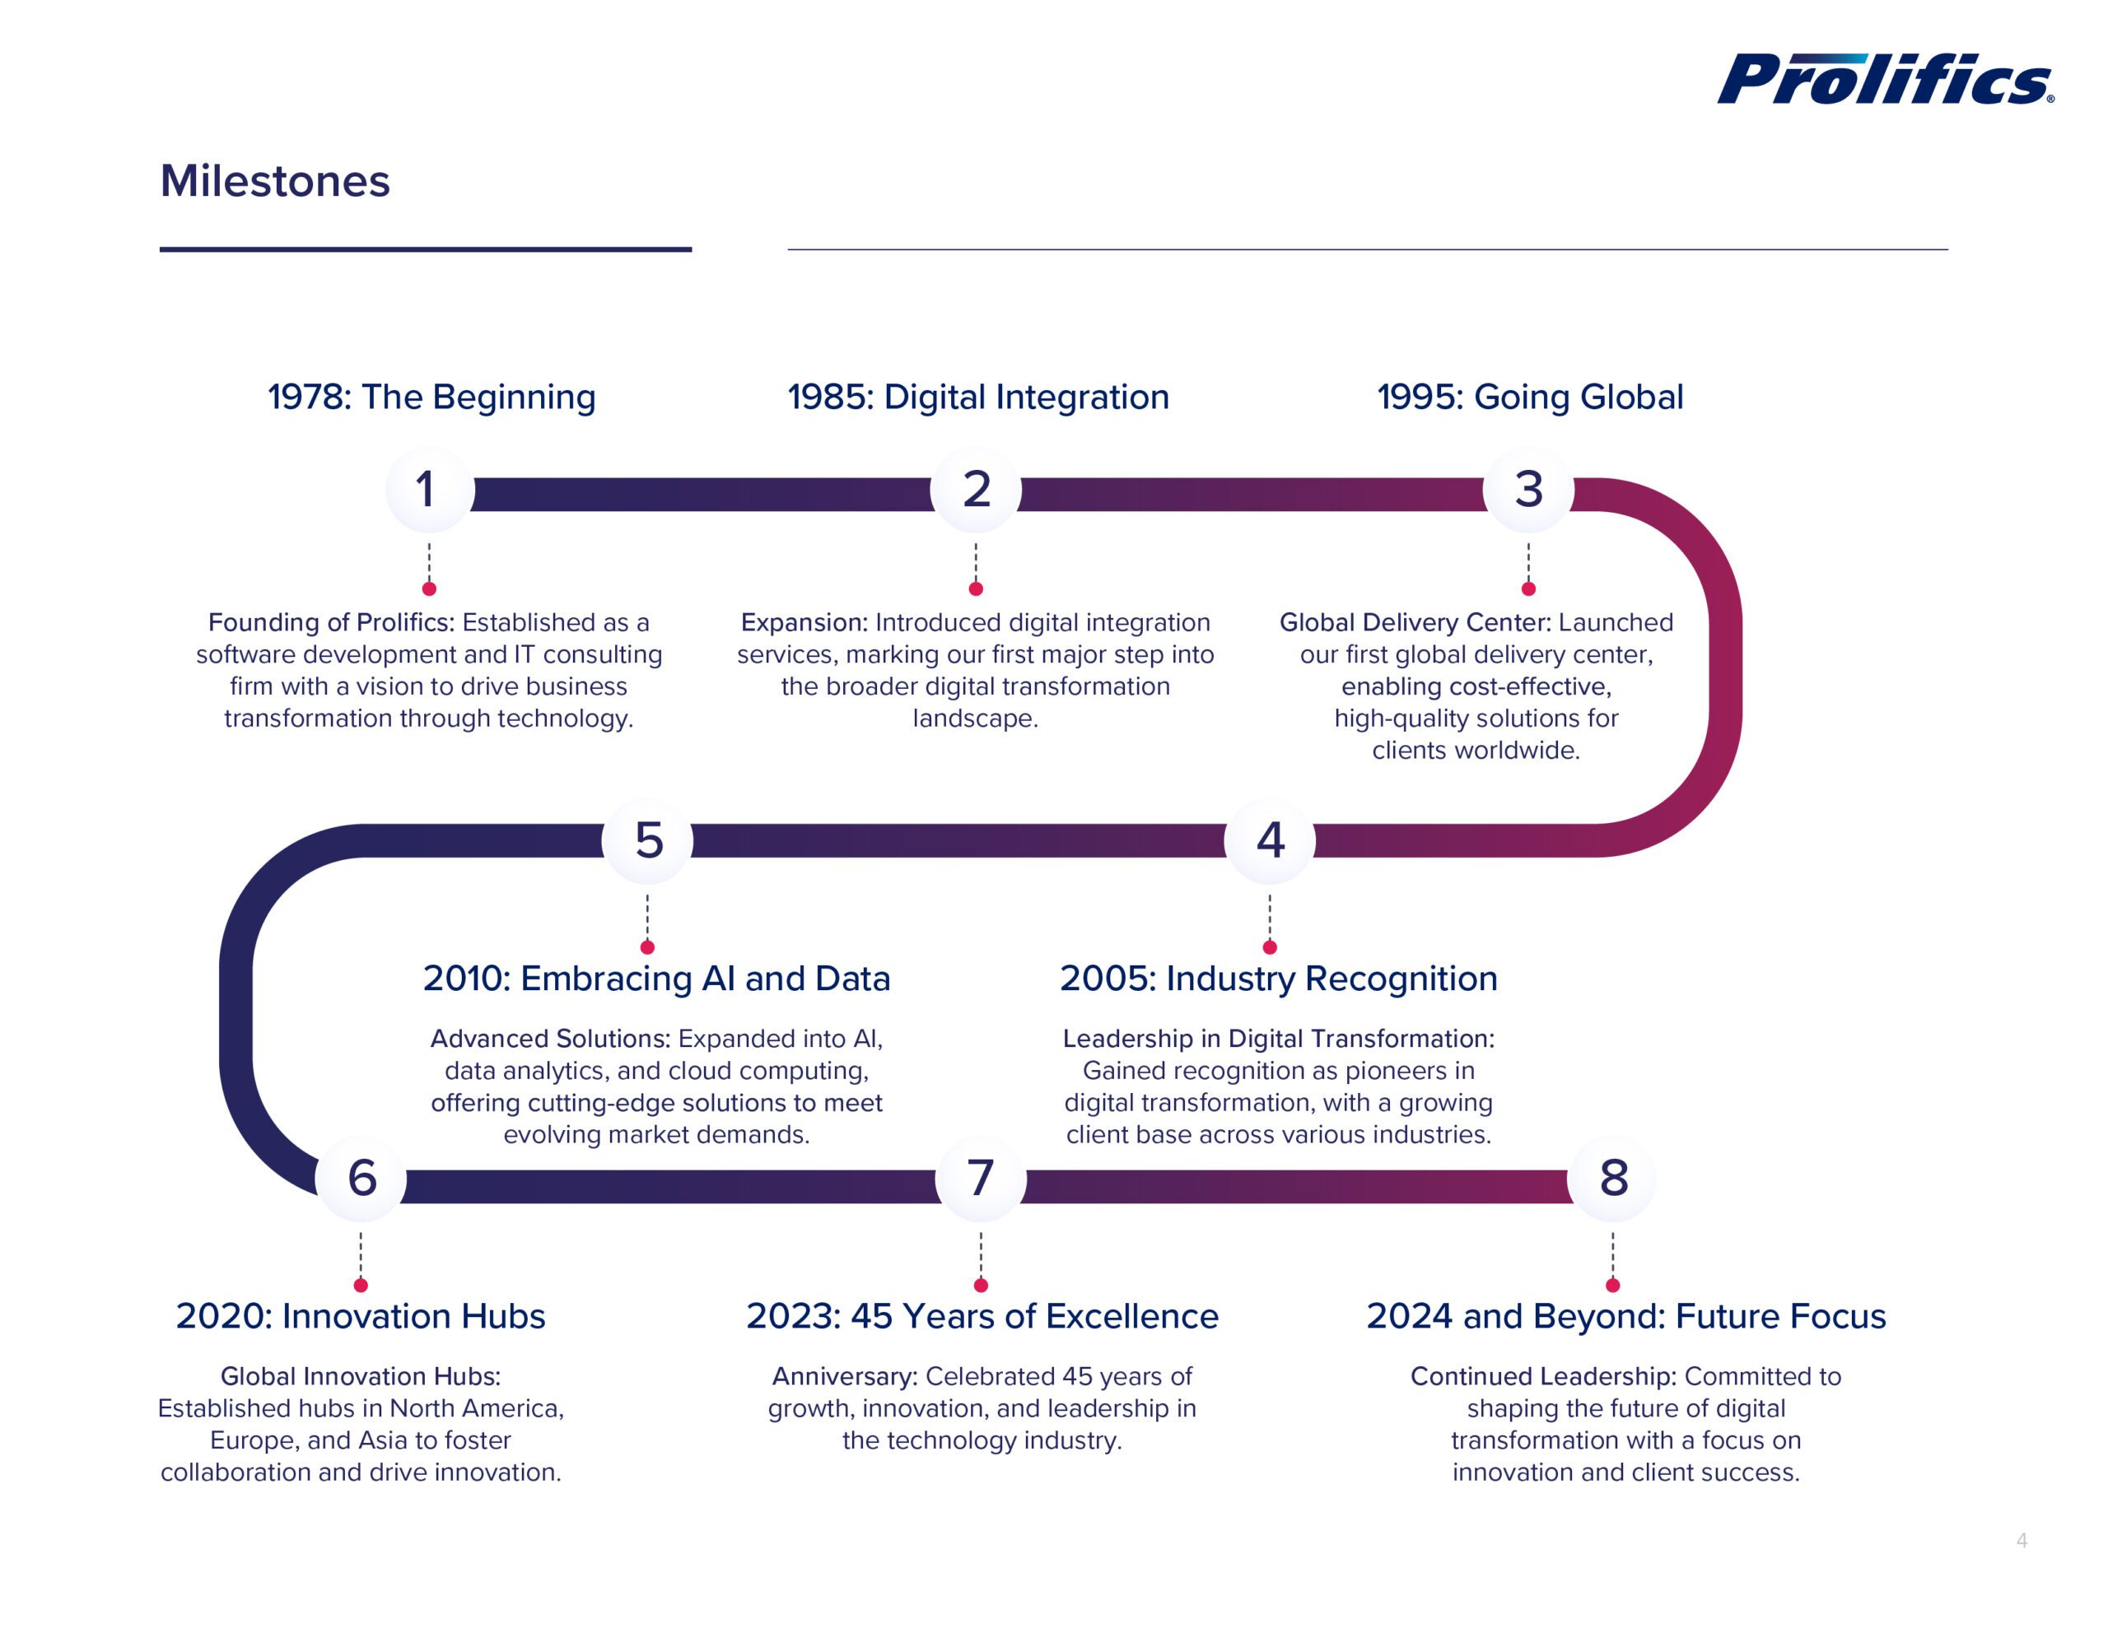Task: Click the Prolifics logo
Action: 1884,79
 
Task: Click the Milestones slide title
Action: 275,181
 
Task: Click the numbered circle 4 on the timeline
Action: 1269,840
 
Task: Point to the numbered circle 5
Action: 648,840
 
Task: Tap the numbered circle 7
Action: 981,1179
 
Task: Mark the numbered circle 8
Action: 1613,1179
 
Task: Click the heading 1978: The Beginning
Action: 431,398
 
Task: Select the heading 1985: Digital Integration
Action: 977,398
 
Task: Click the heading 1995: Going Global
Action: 1530,398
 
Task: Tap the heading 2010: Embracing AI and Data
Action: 656,979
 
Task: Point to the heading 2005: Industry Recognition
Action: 1278,979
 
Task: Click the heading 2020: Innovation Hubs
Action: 360,1316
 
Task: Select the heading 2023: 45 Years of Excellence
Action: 982,1316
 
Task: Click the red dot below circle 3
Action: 1528,588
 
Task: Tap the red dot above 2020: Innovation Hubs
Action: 361,1286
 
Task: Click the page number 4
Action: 2022,1541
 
